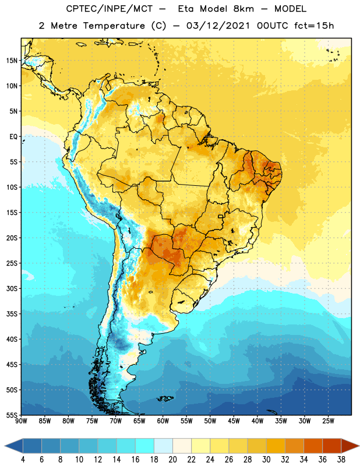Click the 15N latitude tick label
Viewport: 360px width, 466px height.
click(12, 61)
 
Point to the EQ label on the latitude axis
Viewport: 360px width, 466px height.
click(13, 137)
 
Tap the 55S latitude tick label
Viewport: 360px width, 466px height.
click(12, 415)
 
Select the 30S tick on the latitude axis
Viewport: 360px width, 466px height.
click(12, 288)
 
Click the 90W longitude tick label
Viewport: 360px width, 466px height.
click(21, 421)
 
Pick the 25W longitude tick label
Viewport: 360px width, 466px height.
click(328, 421)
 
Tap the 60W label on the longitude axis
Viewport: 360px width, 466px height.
click(163, 421)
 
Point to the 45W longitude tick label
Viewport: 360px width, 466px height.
click(234, 421)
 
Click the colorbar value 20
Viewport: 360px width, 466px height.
click(172, 460)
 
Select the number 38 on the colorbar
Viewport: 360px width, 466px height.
click(341, 460)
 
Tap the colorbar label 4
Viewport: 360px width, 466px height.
click(23, 460)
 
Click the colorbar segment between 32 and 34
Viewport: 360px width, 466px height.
click(294, 446)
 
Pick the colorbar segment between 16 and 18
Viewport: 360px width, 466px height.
click(144, 446)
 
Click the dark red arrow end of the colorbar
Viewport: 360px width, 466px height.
click(350, 446)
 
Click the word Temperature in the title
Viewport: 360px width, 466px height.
click(114, 26)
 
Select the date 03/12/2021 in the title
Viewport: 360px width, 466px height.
click(218, 26)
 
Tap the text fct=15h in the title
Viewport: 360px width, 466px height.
click(314, 26)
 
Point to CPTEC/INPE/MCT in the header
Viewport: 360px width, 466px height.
click(109, 9)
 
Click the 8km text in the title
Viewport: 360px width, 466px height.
click(243, 9)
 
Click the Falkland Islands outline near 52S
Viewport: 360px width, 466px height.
click(165, 398)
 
